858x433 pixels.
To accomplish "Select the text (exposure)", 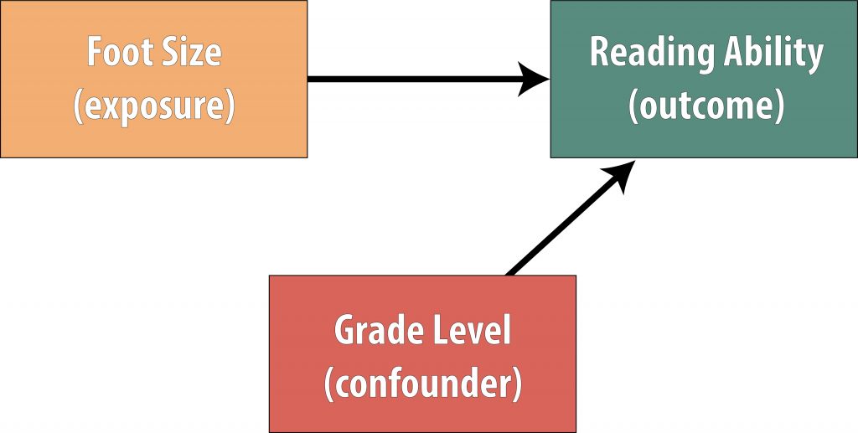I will (x=153, y=107).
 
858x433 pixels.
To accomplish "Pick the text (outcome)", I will (x=706, y=107).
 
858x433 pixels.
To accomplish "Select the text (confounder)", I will (x=422, y=383).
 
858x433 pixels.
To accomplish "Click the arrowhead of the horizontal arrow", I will (x=534, y=80).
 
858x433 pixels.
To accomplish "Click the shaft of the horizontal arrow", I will (x=411, y=80).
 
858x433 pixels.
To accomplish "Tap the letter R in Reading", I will (x=600, y=52).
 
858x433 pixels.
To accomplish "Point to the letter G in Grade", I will (x=345, y=332).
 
